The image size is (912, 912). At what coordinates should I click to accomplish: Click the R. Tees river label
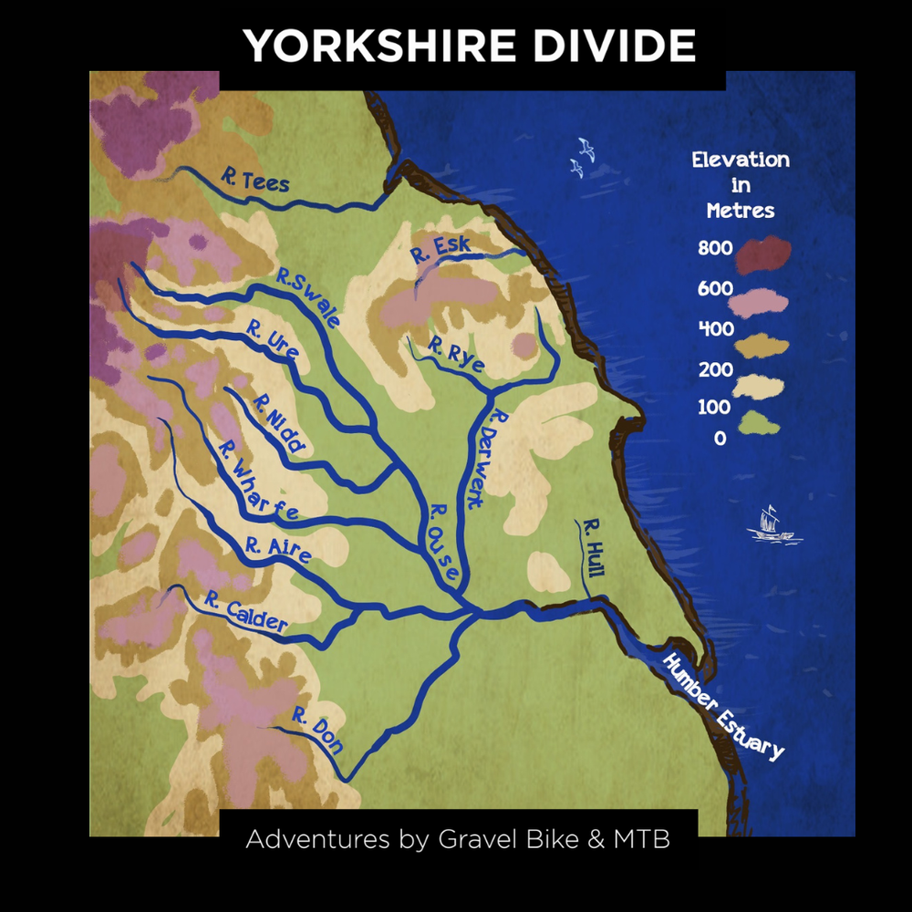tap(254, 179)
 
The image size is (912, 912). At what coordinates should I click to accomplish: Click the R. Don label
tap(317, 731)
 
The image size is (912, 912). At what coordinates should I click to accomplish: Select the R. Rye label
tap(456, 358)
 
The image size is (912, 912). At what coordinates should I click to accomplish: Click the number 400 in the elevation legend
tap(716, 329)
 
